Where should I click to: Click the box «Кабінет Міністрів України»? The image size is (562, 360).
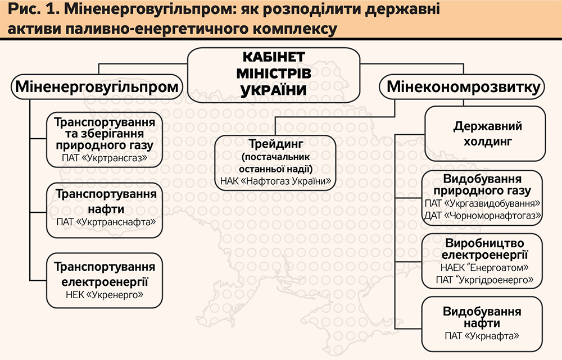coord(274,74)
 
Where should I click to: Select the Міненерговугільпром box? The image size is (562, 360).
coord(98,87)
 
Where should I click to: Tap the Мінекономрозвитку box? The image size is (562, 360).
coord(464,87)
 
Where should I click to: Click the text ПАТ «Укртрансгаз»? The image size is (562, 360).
coord(105,159)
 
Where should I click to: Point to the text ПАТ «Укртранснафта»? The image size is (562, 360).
coord(105,222)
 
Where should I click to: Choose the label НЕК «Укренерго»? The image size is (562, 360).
coord(105,294)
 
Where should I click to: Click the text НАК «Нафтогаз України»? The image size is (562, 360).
coord(275,181)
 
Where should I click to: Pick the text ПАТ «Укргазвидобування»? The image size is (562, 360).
coord(483,203)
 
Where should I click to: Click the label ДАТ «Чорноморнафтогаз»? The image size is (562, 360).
coord(483,215)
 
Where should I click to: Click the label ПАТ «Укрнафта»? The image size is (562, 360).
coord(482,335)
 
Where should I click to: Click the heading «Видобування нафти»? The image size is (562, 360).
coord(482,317)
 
